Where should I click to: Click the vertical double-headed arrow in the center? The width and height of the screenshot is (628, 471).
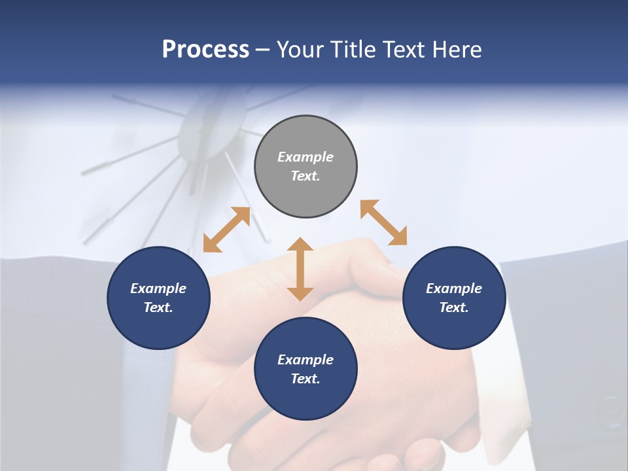point(300,269)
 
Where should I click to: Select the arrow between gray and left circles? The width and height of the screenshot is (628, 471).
point(226,230)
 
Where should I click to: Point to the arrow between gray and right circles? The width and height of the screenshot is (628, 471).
point(383,222)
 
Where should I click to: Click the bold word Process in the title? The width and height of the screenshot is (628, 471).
point(205,49)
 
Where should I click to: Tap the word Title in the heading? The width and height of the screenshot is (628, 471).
point(355,49)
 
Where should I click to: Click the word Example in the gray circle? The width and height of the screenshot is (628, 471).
point(305,157)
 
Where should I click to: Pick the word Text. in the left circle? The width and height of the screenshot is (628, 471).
point(158,307)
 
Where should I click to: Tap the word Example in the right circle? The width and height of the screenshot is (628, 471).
point(454,288)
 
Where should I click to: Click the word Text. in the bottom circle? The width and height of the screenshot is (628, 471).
point(305,379)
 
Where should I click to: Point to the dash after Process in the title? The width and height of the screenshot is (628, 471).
point(263,50)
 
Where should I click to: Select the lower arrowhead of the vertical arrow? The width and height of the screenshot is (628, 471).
point(300,293)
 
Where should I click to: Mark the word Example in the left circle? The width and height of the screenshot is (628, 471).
point(158,288)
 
